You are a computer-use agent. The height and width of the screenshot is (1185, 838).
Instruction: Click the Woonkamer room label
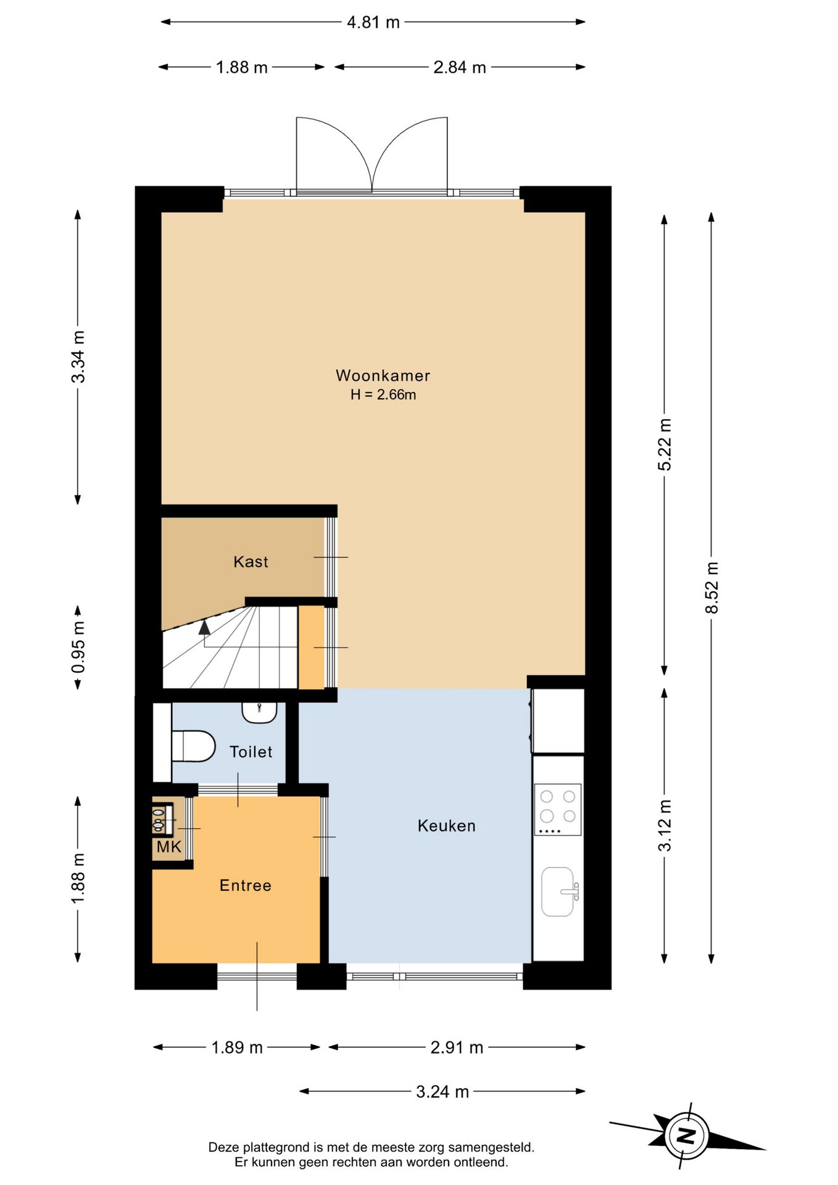(x=383, y=375)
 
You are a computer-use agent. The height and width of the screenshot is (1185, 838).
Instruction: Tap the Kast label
(x=251, y=562)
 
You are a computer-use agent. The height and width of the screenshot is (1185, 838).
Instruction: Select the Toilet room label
(x=251, y=752)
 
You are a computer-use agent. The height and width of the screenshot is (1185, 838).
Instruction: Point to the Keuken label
(x=446, y=826)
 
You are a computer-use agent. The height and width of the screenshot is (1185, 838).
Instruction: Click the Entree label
(x=246, y=886)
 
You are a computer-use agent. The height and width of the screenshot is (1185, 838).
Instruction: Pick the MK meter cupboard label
(x=168, y=847)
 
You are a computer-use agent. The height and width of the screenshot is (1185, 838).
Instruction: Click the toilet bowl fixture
(x=193, y=746)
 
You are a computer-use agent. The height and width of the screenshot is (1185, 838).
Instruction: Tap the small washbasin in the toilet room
(x=259, y=712)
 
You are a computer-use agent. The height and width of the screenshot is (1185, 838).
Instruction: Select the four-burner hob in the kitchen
(x=558, y=809)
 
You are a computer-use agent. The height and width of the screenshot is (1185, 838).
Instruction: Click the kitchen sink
(x=559, y=892)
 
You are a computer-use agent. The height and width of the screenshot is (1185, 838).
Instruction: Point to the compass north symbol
(x=687, y=1136)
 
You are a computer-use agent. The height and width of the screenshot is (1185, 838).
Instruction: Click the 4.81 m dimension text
(x=373, y=22)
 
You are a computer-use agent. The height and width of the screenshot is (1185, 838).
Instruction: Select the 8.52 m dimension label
(x=711, y=588)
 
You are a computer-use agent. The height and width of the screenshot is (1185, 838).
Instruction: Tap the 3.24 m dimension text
(x=442, y=1092)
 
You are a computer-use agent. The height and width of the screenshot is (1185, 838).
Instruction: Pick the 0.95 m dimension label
(x=78, y=647)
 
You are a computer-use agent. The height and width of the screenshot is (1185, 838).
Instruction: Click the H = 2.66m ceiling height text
(x=383, y=395)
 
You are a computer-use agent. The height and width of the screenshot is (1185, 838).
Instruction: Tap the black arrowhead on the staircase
(x=204, y=628)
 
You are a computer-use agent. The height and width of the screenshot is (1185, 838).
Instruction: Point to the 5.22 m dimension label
(x=665, y=444)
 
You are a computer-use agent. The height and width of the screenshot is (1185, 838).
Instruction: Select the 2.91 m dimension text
(x=457, y=1047)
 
